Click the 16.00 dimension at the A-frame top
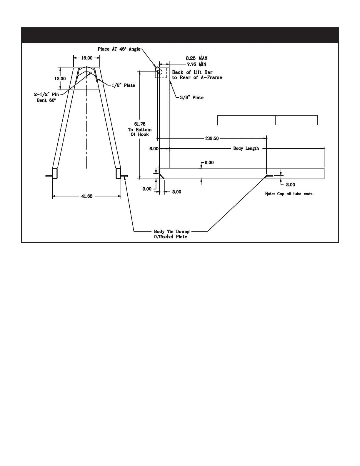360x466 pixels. [87, 58]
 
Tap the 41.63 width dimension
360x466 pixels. [87, 196]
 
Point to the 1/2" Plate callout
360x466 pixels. [123, 85]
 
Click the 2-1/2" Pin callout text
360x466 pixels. [46, 95]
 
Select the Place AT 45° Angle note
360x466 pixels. [119, 49]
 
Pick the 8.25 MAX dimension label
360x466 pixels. [196, 59]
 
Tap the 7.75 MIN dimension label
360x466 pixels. [196, 64]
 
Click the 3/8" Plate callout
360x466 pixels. [192, 97]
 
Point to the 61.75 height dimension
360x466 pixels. [140, 124]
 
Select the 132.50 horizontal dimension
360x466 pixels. [212, 138]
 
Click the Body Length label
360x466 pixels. [246, 148]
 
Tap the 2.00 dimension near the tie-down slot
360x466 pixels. [291, 185]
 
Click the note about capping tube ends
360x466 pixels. [289, 194]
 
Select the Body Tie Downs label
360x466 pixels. [172, 232]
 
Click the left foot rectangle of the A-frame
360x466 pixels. [55, 173]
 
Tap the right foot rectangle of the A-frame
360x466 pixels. [118, 173]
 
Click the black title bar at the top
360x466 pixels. [180, 35]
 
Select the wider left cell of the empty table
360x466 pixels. [246, 120]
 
